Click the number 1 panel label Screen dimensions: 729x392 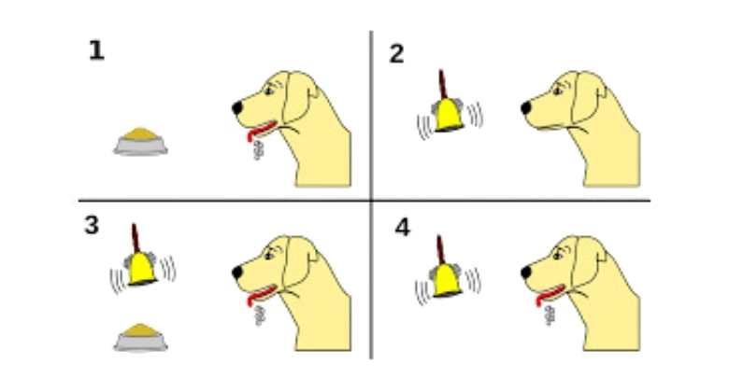[96, 50]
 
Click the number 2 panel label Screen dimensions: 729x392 [396, 54]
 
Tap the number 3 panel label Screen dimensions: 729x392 [92, 225]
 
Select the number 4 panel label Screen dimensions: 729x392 [403, 228]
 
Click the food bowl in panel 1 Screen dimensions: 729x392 [140, 141]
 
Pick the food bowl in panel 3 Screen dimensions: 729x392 [140, 337]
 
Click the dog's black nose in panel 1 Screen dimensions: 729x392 [237, 107]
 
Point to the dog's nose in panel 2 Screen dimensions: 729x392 [526, 107]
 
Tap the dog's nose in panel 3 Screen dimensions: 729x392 [237, 273]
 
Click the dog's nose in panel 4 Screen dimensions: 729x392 [526, 273]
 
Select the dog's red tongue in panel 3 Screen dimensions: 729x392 [262, 295]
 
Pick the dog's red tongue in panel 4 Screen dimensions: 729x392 [550, 295]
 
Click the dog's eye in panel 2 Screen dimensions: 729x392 [558, 91]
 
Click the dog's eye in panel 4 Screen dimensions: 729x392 [558, 256]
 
